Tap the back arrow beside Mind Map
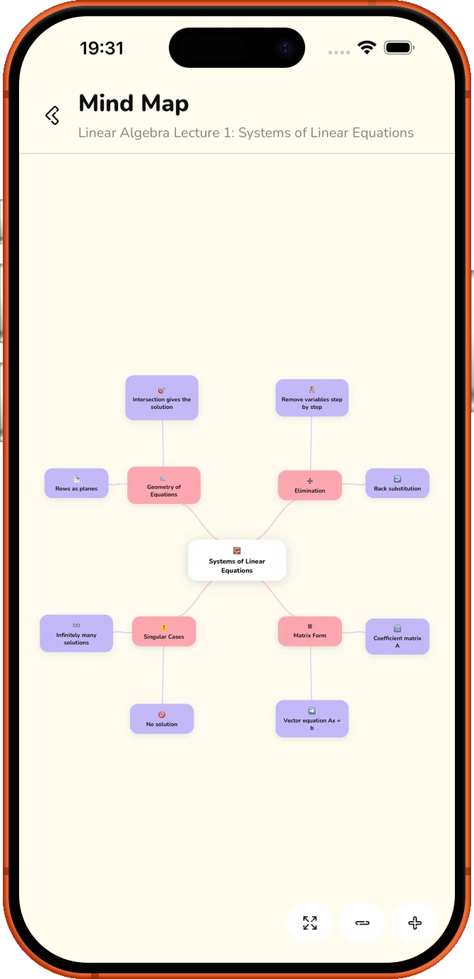[x=52, y=115]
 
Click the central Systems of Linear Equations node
[x=237, y=560]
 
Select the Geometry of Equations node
[x=164, y=485]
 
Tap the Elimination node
[x=310, y=485]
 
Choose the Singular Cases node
[x=164, y=631]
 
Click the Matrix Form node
[x=310, y=631]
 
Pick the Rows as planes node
[x=76, y=483]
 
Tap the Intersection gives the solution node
[x=162, y=398]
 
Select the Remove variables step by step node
[x=312, y=398]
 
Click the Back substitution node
[x=398, y=483]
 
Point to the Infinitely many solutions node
[x=76, y=634]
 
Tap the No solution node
[x=162, y=718]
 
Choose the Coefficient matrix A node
[x=398, y=636]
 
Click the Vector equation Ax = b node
[x=312, y=718]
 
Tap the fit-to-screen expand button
[x=310, y=922]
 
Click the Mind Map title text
[x=134, y=104]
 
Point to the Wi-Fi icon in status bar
[x=367, y=47]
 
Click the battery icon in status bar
[x=399, y=47]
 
